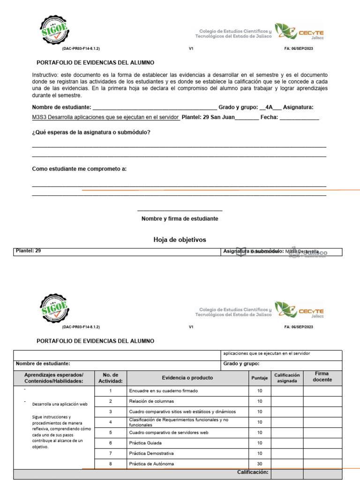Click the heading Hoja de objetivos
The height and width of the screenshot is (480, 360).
[x=180, y=240]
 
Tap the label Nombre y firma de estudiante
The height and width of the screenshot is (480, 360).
[x=180, y=218]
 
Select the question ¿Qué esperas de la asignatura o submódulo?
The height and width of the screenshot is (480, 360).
[x=91, y=132]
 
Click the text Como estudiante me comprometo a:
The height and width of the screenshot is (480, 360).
[x=79, y=169]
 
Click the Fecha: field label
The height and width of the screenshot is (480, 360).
[x=270, y=118]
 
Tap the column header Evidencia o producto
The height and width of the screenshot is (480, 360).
[x=187, y=377]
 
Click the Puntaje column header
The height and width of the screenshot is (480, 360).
[x=259, y=378]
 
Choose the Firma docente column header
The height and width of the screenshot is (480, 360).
[x=322, y=376]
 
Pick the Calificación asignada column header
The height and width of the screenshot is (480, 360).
[x=287, y=378]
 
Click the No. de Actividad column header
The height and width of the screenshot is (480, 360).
[x=110, y=378]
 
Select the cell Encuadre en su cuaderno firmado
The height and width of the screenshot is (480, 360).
[x=163, y=390]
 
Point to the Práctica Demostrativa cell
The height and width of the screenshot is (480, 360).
[x=151, y=453]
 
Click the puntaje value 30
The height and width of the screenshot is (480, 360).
[x=259, y=464]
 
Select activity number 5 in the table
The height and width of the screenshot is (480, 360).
[x=110, y=432]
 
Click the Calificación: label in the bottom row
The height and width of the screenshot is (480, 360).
[x=253, y=472]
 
